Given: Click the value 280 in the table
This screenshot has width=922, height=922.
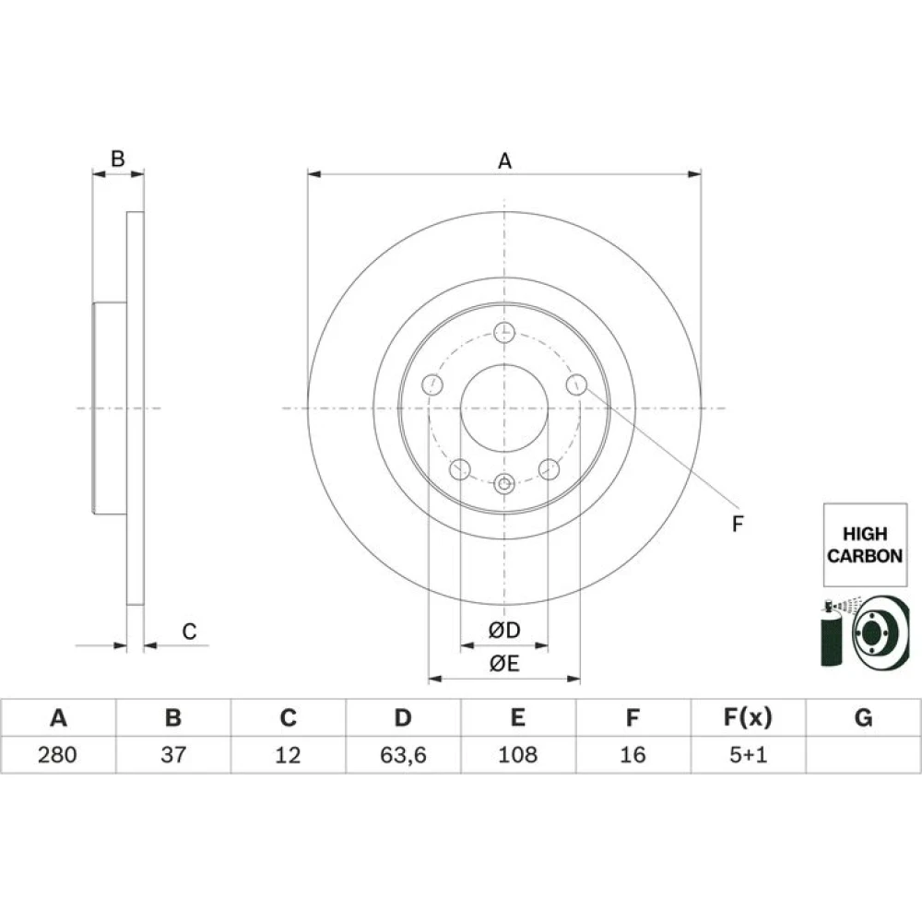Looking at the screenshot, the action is pyautogui.click(x=57, y=754).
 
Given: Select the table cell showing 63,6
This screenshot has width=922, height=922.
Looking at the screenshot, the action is pyautogui.click(x=403, y=754).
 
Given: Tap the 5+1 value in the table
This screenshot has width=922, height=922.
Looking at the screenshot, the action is pyautogui.click(x=748, y=754).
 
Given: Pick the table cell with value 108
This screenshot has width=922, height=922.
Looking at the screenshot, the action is pyautogui.click(x=518, y=754).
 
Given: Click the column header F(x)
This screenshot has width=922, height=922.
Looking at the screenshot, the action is pyautogui.click(x=748, y=718).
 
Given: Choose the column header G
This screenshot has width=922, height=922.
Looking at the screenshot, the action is pyautogui.click(x=863, y=718).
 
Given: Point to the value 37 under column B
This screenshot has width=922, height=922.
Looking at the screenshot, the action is pyautogui.click(x=173, y=754).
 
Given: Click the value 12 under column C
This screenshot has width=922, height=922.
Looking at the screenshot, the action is pyautogui.click(x=288, y=754).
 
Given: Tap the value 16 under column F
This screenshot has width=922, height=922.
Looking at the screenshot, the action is pyautogui.click(x=632, y=754).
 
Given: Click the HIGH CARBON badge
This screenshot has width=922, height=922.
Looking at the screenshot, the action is pyautogui.click(x=865, y=545).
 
